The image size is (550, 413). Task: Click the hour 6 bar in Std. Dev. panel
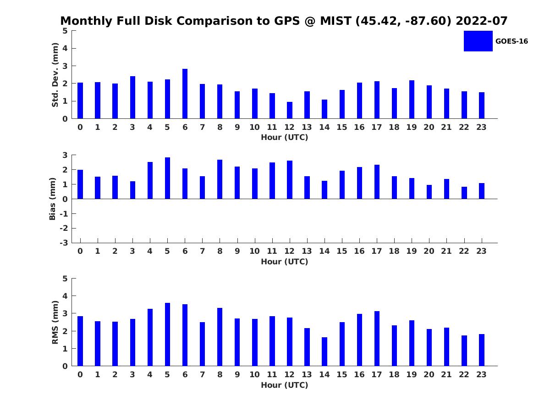tap(185, 94)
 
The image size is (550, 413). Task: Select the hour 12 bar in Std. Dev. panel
tap(290, 110)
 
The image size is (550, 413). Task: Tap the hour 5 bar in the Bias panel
tap(167, 178)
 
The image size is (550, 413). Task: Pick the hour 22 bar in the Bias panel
tap(464, 193)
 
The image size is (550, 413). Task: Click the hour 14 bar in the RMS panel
tap(324, 352)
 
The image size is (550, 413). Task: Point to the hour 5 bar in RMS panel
tap(167, 335)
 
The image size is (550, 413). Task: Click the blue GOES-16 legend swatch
tap(478, 41)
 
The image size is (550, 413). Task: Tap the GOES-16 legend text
tap(511, 41)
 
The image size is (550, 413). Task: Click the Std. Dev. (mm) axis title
tap(55, 75)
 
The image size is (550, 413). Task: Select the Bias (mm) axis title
tap(53, 199)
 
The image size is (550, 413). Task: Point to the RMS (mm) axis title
tap(55, 322)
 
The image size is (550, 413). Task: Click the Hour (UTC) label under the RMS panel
tap(285, 385)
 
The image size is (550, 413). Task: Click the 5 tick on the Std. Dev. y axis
tap(65, 31)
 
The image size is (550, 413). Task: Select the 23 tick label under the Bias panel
tap(482, 251)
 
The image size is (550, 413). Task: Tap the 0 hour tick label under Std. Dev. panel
tap(80, 127)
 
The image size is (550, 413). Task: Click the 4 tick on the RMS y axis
tap(65, 296)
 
